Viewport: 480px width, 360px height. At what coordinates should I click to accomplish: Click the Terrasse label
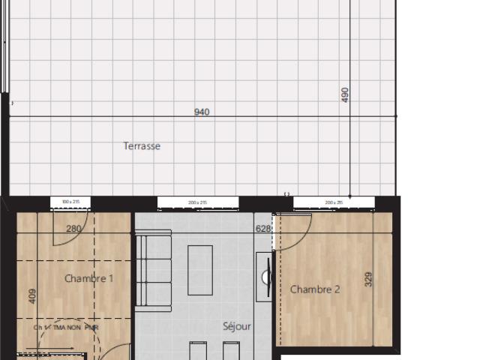(142, 146)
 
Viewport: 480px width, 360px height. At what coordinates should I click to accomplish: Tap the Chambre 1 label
(88, 278)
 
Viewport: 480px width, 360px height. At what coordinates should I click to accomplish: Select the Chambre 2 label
(315, 289)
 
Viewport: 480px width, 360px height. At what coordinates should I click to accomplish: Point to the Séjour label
(236, 326)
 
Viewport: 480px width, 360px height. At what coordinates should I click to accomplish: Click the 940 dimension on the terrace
(202, 112)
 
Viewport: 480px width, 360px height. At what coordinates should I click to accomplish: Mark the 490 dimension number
(346, 94)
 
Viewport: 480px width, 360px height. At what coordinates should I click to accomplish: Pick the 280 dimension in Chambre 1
(73, 229)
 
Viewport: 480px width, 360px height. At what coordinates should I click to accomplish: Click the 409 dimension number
(32, 295)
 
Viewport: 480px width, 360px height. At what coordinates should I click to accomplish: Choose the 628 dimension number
(262, 229)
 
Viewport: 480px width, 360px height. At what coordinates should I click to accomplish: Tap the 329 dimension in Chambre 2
(367, 279)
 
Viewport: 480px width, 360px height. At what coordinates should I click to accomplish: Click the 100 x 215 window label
(71, 202)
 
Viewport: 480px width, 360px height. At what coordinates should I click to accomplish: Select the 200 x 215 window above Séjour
(198, 202)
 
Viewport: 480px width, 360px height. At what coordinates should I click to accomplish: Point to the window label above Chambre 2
(334, 202)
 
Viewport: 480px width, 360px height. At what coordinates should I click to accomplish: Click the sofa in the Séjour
(154, 270)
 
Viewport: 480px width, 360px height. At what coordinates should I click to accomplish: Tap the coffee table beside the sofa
(200, 270)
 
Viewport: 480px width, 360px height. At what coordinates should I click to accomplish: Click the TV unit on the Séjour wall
(263, 276)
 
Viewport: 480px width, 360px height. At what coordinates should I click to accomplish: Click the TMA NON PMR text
(67, 328)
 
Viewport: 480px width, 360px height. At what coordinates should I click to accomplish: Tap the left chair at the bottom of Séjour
(198, 351)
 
